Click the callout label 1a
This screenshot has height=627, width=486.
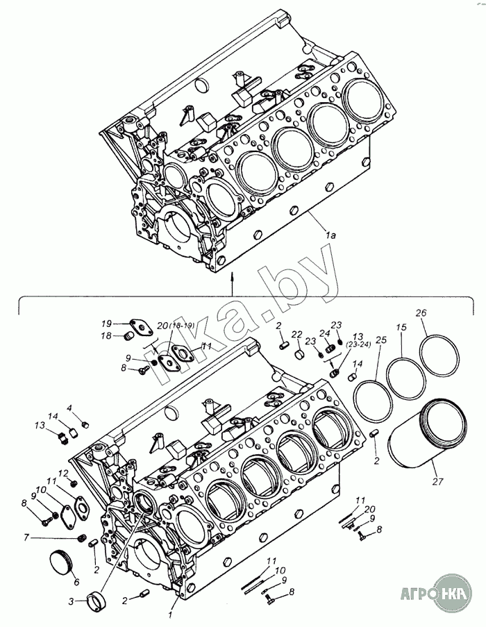(x=330, y=235)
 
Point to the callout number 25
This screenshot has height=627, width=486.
(x=380, y=340)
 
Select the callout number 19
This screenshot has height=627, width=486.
(x=106, y=324)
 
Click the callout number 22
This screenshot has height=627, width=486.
(x=296, y=335)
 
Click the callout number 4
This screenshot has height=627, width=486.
(x=69, y=408)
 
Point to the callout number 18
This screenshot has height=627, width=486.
(x=106, y=336)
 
